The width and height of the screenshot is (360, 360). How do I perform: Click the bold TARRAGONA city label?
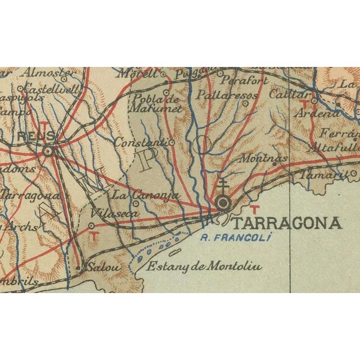(286, 223)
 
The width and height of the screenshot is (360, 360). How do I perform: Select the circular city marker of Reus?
(48, 150)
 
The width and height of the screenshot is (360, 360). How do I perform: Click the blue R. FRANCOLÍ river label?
(236, 238)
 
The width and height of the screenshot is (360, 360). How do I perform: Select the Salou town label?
(103, 268)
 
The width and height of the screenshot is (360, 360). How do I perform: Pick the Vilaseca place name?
(106, 214)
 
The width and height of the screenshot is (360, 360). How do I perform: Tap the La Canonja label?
(145, 195)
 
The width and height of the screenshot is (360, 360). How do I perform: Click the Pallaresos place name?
(227, 95)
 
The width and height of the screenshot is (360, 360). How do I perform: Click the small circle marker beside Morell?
(163, 74)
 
